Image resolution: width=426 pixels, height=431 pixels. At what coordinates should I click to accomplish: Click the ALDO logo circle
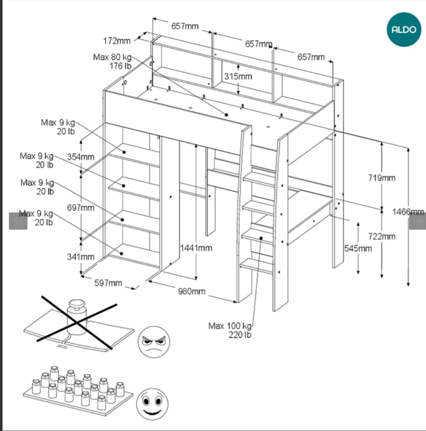pyautogui.click(x=404, y=29)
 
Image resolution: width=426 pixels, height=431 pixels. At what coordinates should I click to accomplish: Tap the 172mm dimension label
pyautogui.click(x=117, y=41)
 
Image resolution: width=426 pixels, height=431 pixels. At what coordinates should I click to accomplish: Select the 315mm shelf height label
pyautogui.click(x=238, y=76)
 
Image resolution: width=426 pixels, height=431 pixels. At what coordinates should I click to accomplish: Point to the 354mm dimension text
pyautogui.click(x=80, y=157)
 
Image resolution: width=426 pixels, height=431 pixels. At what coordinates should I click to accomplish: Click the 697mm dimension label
pyautogui.click(x=80, y=207)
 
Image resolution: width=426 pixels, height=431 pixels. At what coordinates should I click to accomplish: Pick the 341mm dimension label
pyautogui.click(x=80, y=257)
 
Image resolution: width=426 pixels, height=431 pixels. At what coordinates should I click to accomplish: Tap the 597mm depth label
pyautogui.click(x=108, y=283)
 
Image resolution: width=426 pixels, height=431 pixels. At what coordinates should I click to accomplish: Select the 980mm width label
pyautogui.click(x=192, y=291)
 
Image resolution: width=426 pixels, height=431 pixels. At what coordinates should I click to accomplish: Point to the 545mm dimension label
pyautogui.click(x=358, y=248)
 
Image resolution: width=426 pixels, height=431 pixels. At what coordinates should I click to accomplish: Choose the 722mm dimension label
pyautogui.click(x=382, y=236)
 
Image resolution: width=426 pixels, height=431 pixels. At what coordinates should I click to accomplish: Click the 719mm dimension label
pyautogui.click(x=382, y=178)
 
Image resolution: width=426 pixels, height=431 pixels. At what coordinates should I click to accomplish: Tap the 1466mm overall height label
pyautogui.click(x=408, y=212)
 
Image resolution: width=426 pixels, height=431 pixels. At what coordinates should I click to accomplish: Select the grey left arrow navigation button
pyautogui.click(x=18, y=221)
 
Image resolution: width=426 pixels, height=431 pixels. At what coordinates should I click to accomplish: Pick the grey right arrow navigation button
pyautogui.click(x=417, y=221)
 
